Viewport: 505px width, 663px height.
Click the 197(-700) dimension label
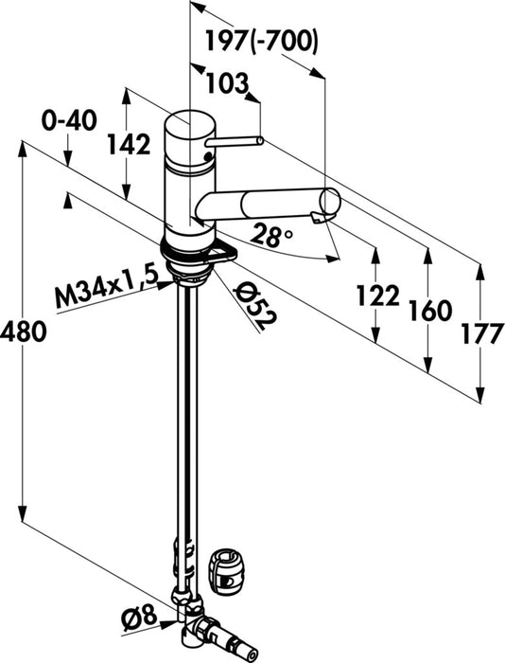pyautogui.click(x=261, y=42)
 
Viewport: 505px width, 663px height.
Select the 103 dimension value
pyautogui.click(x=227, y=83)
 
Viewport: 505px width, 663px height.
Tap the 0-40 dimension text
pyautogui.click(x=69, y=121)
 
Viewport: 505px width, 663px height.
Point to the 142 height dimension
pyautogui.click(x=129, y=144)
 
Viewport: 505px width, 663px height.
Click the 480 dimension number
pyautogui.click(x=24, y=331)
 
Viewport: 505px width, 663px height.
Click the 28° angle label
pyautogui.click(x=271, y=235)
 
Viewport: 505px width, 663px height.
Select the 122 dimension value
pyautogui.click(x=378, y=295)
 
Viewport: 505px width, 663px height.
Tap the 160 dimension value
pyautogui.click(x=430, y=311)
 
